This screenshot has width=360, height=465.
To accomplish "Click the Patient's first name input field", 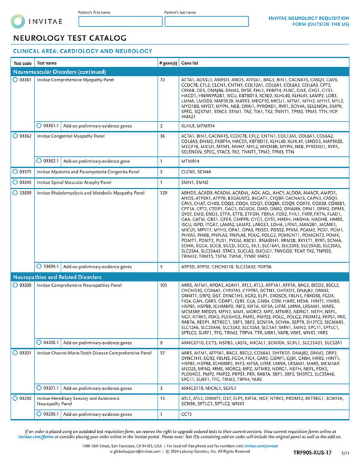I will point(118,22).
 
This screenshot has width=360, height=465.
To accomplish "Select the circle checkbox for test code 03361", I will point(16,80).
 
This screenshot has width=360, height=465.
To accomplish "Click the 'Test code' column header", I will point(23,62).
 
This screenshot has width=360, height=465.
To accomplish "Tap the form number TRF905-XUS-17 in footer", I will point(320,452).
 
